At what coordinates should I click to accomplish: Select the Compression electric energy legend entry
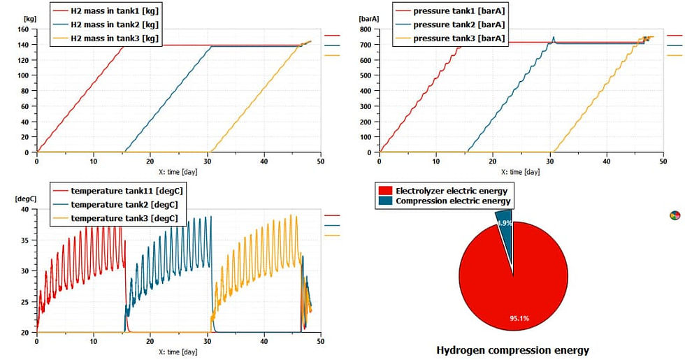(x=447, y=201)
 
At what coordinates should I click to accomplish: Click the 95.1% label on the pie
(x=519, y=319)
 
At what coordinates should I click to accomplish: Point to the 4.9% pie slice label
(x=505, y=223)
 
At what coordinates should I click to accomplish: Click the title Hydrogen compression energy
(x=512, y=350)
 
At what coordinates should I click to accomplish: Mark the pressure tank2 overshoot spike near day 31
(x=554, y=38)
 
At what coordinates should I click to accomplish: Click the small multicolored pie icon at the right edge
(x=675, y=215)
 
